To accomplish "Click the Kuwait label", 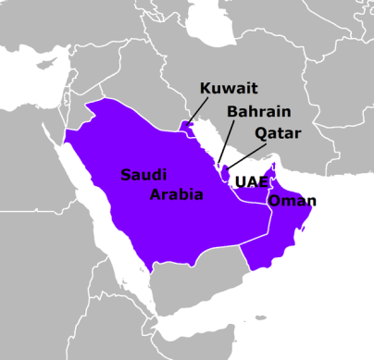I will [230, 90].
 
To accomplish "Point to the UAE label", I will [252, 181].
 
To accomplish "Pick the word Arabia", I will [176, 195].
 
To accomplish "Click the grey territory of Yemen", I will [185, 287].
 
